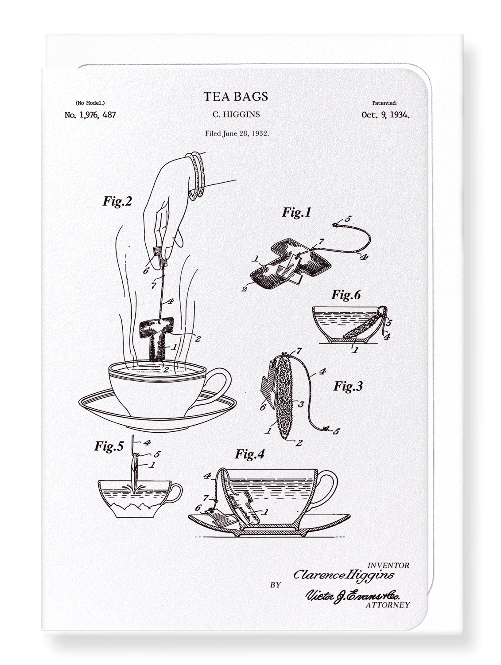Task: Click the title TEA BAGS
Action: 236,96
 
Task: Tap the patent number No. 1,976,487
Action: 90,115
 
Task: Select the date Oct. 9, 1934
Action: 385,115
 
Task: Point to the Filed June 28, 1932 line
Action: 237,133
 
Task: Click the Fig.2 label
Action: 117,201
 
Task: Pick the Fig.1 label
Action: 296,212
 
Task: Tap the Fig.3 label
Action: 348,386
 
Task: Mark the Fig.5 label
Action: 109,446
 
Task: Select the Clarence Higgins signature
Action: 344,575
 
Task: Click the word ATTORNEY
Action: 388,605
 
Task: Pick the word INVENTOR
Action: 388,565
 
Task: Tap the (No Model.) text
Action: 90,103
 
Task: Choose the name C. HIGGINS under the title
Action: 236,114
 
